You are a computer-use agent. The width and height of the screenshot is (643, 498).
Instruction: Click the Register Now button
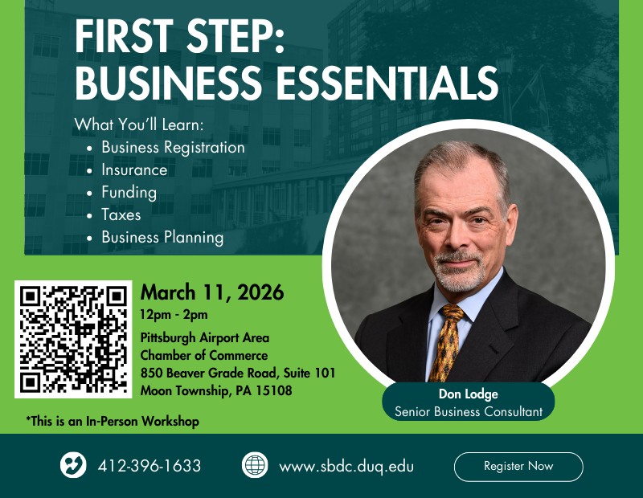tap(518, 467)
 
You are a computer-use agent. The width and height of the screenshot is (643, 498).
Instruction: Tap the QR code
tap(73, 338)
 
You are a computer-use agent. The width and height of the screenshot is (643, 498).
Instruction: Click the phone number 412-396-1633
tap(149, 466)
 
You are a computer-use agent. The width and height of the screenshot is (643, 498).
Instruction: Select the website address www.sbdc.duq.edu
tap(346, 466)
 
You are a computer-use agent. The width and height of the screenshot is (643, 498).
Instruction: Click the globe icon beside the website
tap(255, 466)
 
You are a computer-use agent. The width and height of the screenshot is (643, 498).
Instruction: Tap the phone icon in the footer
tap(73, 466)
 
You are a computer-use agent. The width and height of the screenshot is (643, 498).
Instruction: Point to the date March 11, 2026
tap(212, 292)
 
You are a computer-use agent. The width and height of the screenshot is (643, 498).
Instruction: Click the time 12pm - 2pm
tap(174, 314)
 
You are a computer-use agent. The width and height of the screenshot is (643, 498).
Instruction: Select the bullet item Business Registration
tap(173, 148)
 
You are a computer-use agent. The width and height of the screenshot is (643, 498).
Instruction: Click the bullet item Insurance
tap(134, 170)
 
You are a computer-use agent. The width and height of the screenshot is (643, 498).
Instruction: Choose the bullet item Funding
tap(129, 193)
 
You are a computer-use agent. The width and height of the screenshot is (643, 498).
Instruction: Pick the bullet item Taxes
tap(121, 215)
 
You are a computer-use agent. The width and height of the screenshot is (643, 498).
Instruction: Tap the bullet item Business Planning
tap(162, 238)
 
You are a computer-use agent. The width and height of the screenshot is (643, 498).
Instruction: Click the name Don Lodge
tap(469, 394)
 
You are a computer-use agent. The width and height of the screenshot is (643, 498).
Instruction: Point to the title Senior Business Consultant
tap(469, 412)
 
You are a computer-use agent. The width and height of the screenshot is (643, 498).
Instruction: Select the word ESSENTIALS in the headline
tap(380, 84)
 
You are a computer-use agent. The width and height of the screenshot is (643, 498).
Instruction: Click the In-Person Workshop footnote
tap(113, 421)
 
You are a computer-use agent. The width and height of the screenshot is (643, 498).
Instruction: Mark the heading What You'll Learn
tap(139, 125)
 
